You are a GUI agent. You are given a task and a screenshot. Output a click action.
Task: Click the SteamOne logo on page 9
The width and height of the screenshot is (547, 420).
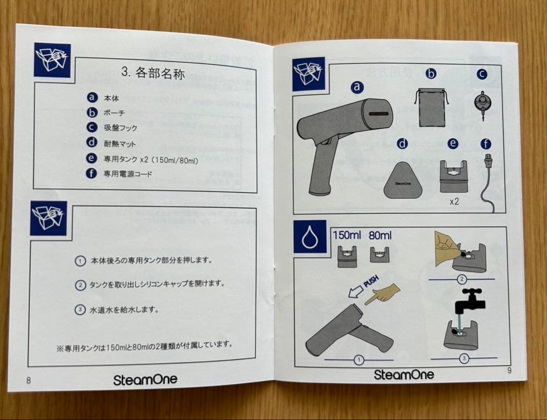pyautogui.click(x=404, y=374)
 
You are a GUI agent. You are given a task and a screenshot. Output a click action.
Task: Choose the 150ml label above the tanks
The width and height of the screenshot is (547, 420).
pyautogui.click(x=347, y=235)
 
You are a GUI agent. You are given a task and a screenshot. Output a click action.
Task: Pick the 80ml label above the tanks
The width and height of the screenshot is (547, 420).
pyautogui.click(x=380, y=235)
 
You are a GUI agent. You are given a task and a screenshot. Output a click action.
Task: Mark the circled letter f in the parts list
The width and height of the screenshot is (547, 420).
pyautogui.click(x=92, y=173)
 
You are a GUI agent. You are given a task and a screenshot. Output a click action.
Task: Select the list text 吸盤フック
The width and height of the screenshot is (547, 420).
pyautogui.click(x=120, y=128)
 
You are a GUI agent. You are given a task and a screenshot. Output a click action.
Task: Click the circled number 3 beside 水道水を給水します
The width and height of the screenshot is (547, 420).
pyautogui.click(x=80, y=310)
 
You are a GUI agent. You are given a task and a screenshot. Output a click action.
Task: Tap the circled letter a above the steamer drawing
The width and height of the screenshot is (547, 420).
pyautogui.click(x=358, y=88)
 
